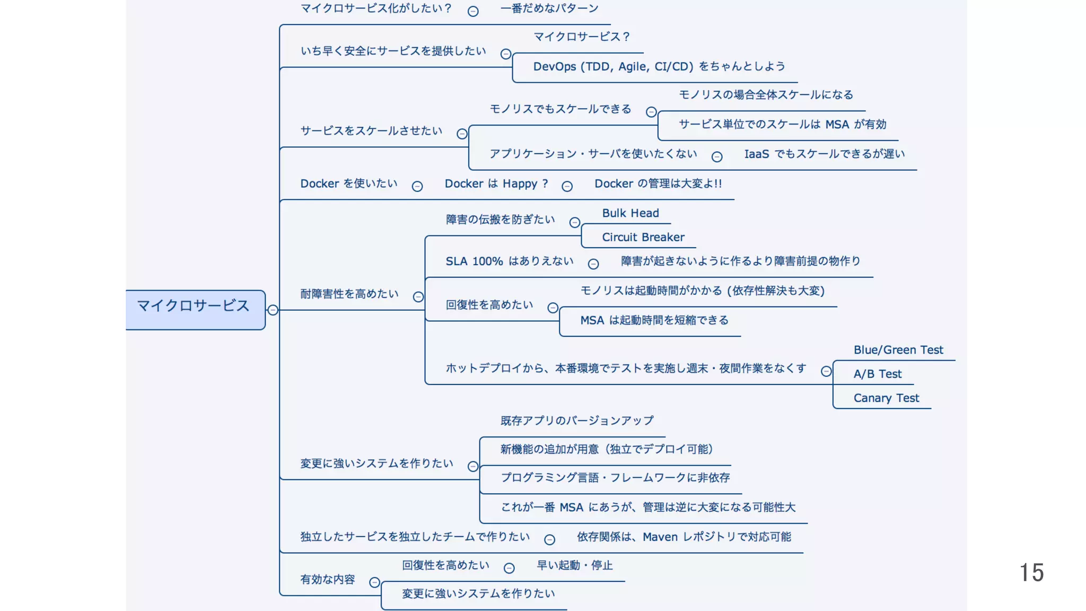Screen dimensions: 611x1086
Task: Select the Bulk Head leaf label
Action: pos(630,213)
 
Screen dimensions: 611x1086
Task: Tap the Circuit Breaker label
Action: pos(643,237)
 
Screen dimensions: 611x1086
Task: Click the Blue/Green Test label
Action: pos(898,350)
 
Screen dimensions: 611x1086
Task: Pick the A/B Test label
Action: pos(877,374)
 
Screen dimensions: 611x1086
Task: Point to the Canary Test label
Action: pos(886,398)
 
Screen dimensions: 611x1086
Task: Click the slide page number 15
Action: pos(1031,573)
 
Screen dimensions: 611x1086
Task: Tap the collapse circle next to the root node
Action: pos(273,310)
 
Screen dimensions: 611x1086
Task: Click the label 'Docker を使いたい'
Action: pos(348,184)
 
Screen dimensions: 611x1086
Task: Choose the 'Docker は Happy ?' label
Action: pos(496,184)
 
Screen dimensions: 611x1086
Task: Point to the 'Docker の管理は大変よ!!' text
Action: pos(658,184)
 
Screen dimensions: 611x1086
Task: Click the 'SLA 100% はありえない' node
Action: pos(509,261)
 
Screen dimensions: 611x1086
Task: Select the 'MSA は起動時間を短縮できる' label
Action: pos(654,320)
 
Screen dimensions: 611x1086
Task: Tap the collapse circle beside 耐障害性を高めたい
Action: pos(418,296)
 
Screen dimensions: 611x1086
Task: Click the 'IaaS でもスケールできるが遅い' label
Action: pos(824,154)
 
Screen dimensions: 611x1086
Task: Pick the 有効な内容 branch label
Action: pos(327,579)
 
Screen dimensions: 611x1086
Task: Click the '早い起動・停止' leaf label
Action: pos(574,565)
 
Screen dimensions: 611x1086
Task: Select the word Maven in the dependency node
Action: pos(660,537)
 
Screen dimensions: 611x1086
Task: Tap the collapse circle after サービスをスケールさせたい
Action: pos(462,134)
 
